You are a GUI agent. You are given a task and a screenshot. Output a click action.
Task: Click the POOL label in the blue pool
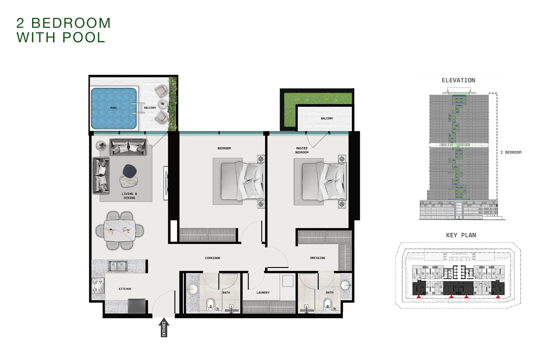coord(113,108)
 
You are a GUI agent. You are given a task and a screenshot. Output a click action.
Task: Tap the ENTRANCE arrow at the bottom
coord(164,328)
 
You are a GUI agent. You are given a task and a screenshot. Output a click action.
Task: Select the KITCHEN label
coord(125,289)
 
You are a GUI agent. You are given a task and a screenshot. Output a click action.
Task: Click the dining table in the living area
coord(119,230)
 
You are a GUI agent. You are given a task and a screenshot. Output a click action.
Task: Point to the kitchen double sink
coord(118,266)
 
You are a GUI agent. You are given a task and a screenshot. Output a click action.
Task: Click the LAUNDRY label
coord(263,292)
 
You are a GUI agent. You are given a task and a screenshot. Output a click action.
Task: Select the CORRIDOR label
coord(212,258)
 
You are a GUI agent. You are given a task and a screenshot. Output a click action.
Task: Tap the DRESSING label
coord(317,258)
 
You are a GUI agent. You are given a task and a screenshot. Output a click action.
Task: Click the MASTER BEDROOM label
coord(302,150)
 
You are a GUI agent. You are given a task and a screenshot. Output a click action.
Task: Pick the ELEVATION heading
coord(458,80)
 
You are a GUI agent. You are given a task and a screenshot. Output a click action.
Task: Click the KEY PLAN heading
coord(461,235)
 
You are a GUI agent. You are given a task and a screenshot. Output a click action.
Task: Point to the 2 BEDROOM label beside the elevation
coord(511,152)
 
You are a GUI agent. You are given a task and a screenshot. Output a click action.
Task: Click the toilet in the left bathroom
coord(211,304)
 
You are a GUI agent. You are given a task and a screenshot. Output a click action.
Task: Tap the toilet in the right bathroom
coord(328,304)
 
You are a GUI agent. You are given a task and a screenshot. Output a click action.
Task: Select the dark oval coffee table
coord(130,171)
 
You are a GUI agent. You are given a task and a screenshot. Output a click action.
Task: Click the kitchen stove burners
coord(98,285)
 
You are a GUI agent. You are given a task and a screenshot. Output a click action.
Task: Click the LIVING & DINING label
coord(129,196)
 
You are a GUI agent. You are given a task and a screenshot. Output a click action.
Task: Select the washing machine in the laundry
coord(288,281)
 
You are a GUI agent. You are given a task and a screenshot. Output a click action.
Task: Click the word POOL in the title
coord(84,38)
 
